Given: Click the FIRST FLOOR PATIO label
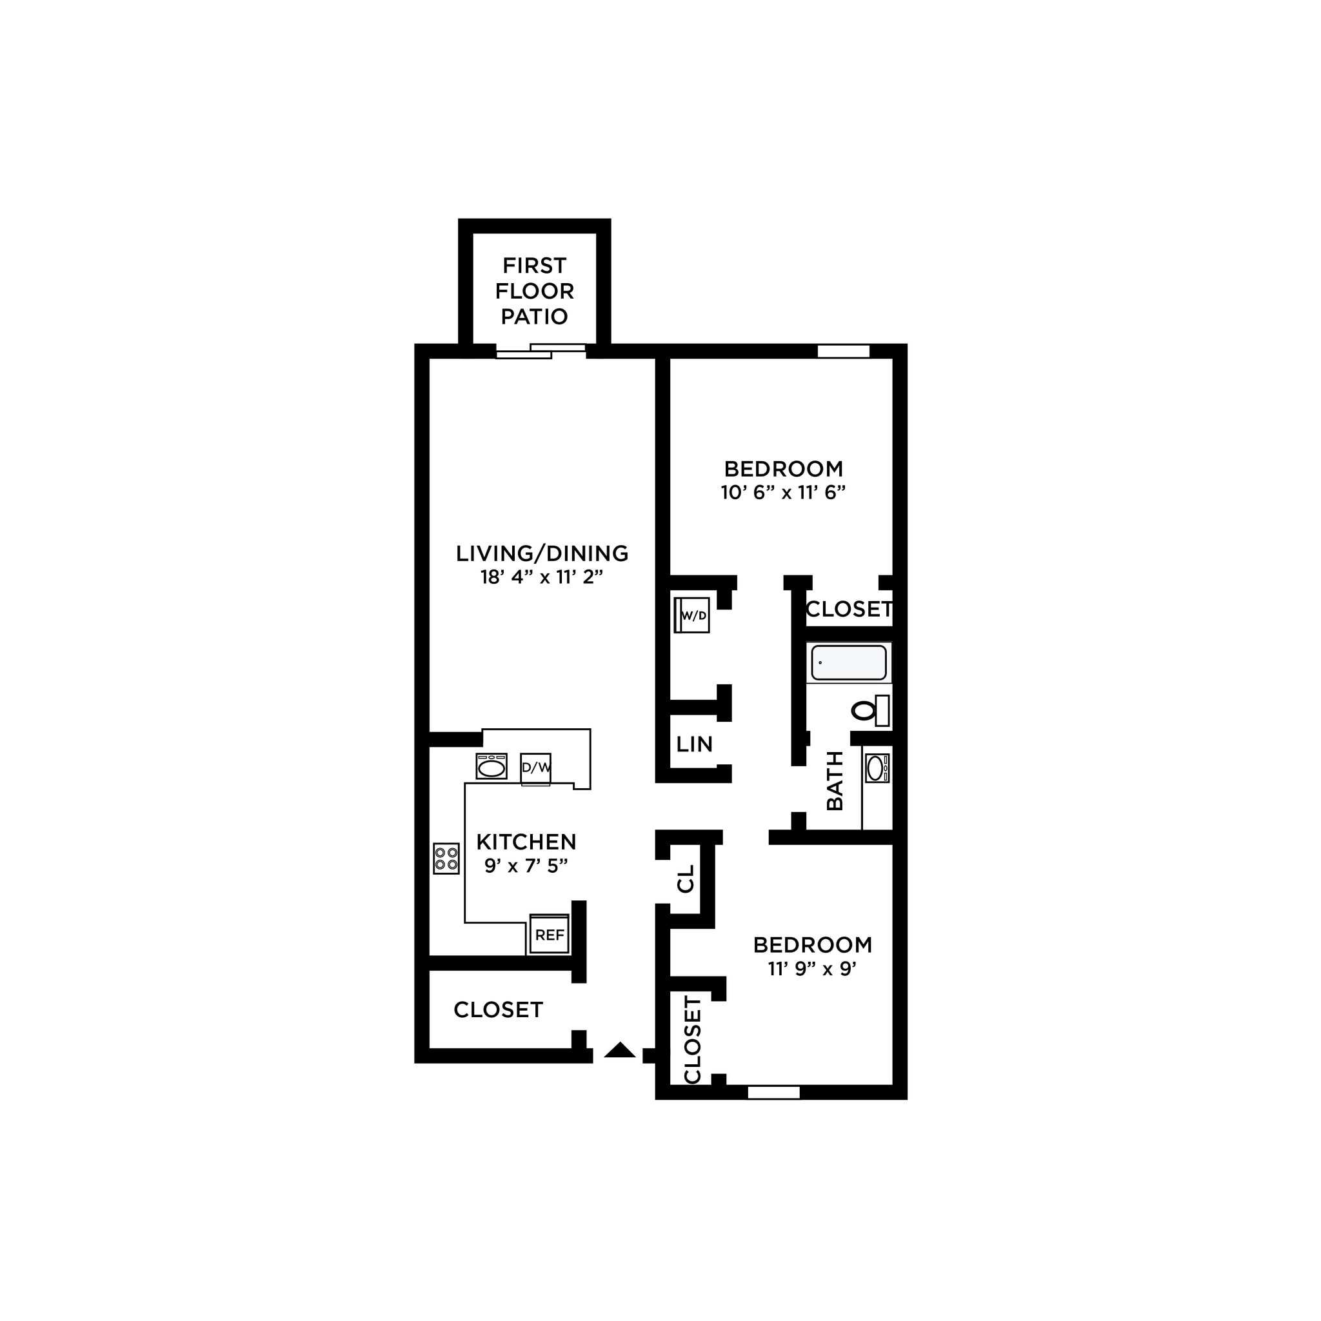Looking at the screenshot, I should (x=534, y=291).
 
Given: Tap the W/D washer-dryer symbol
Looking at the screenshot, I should (x=692, y=615).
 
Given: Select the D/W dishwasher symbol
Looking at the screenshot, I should (x=535, y=768).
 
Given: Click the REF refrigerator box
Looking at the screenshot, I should (x=549, y=935).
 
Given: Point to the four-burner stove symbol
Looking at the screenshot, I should (x=446, y=859).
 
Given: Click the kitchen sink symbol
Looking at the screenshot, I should (x=491, y=766).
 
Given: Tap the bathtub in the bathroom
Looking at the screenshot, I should (x=849, y=662).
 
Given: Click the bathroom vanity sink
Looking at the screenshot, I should (x=876, y=768).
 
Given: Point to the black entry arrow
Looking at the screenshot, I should (x=619, y=1050).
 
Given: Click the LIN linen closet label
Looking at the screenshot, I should (x=694, y=744).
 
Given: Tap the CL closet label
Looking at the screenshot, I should (x=686, y=879).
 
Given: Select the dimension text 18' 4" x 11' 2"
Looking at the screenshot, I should (x=542, y=577).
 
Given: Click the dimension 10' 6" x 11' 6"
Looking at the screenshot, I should (x=783, y=492).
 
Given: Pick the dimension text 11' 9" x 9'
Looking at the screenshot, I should (x=812, y=969).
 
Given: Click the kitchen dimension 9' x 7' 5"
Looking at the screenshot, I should (x=526, y=866).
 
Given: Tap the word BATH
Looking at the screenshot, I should (x=835, y=781).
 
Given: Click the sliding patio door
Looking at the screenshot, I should (x=540, y=352).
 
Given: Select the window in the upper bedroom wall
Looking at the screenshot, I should (x=843, y=352).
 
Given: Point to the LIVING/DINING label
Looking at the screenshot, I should (x=542, y=553).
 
